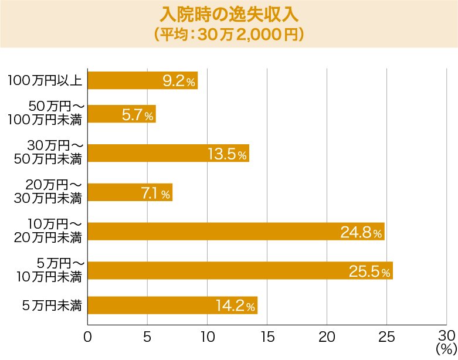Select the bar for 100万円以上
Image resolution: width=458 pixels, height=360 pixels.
tap(143, 80)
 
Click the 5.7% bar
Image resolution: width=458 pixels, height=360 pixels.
tap(121, 114)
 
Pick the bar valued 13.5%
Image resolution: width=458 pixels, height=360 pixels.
tap(168, 153)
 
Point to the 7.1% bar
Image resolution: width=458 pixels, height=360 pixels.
tap(130, 192)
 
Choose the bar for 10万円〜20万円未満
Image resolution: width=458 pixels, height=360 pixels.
tap(236, 231)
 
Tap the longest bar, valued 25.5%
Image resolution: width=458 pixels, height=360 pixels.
tap(240, 270)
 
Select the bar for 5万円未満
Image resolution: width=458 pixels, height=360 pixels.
tap(172, 305)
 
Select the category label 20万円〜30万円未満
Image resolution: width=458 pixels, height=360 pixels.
tap(48, 192)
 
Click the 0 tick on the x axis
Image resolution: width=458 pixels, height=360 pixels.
tap(88, 337)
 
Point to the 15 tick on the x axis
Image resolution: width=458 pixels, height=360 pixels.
tap(267, 337)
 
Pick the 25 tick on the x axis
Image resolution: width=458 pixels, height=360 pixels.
tap(386, 337)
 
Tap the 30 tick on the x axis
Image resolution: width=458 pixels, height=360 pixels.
tap(446, 335)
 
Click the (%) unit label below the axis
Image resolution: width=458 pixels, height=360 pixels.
tap(446, 349)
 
